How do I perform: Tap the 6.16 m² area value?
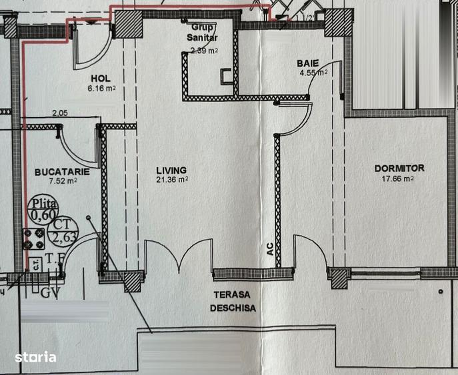[101, 87]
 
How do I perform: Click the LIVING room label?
[171, 170]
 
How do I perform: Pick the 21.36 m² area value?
[171, 179]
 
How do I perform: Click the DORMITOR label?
[399, 169]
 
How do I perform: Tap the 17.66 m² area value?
[399, 178]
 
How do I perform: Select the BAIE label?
[308, 63]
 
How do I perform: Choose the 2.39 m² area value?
[204, 50]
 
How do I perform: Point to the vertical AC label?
[269, 249]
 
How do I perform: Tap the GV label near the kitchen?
[49, 292]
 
